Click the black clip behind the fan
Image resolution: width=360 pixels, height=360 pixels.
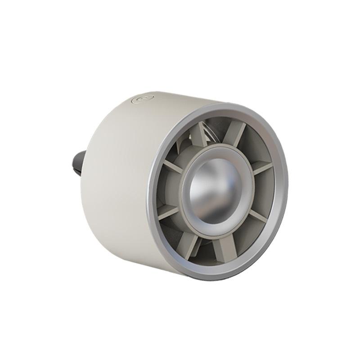coord(77,162)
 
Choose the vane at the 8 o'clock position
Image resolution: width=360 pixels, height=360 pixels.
coord(167,211)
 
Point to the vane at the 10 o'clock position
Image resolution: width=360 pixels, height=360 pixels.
coord(173,166)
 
